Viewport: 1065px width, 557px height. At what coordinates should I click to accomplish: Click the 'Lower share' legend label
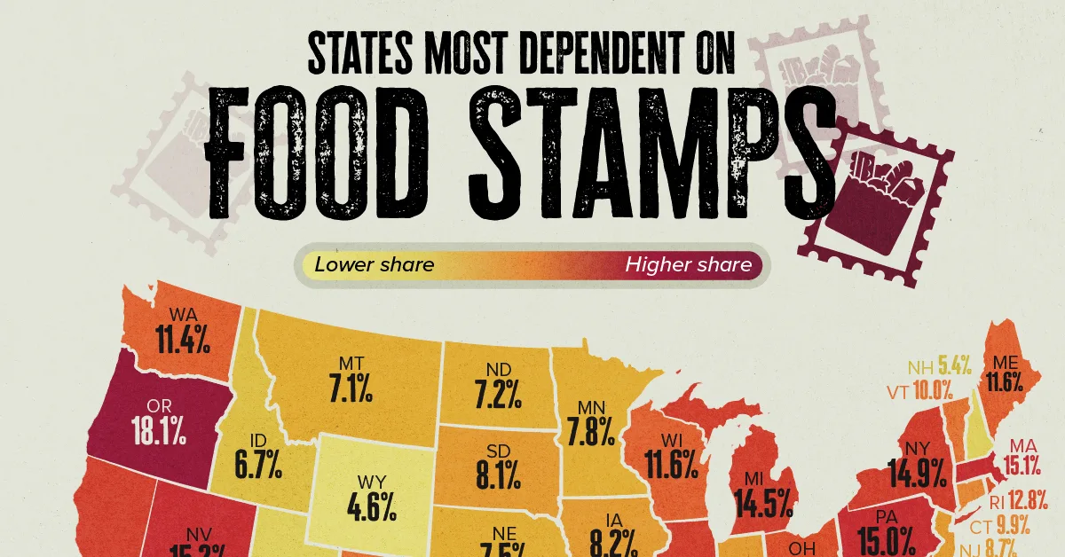374,264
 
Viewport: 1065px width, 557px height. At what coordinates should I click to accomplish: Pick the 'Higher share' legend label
688,264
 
